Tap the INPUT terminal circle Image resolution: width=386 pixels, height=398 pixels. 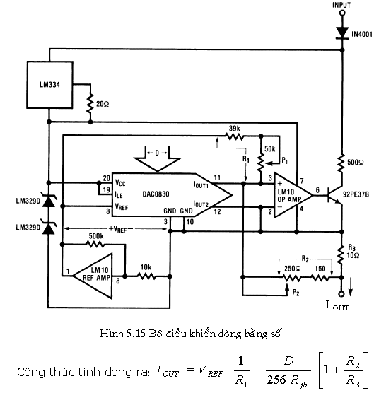pos(342,13)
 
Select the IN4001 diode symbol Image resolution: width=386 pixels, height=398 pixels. pos(342,33)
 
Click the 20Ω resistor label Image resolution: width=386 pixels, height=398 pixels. pos(103,104)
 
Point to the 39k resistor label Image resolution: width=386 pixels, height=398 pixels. pos(234,128)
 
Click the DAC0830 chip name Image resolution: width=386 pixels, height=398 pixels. pos(156,194)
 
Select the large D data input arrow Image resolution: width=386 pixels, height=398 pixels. pos(158,158)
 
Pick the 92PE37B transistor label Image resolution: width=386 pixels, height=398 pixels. pos(356,194)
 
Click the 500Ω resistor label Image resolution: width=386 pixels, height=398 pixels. pos(355,162)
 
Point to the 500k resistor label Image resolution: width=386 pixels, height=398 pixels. pos(96,236)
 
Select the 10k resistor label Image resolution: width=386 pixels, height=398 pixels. pos(146,267)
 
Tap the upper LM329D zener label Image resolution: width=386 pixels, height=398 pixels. pos(28,201)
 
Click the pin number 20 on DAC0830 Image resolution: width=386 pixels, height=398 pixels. pos(107,178)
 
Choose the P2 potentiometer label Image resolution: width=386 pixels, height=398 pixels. pos(296,293)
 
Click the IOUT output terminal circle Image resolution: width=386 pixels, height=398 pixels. pos(341,294)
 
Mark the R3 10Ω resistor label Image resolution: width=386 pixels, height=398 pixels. pos(353,251)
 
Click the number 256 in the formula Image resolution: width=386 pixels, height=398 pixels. pos(277,380)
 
